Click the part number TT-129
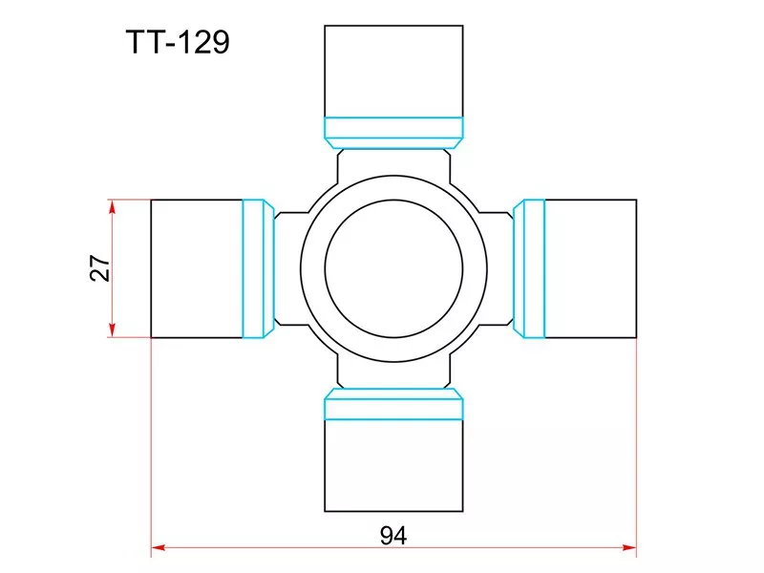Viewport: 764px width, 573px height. [x=178, y=42]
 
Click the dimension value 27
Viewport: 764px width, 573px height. [x=100, y=267]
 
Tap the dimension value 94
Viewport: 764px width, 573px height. [x=393, y=536]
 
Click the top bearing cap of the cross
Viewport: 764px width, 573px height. [x=393, y=71]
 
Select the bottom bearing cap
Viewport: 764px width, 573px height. [x=393, y=465]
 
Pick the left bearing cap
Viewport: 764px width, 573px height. [x=197, y=268]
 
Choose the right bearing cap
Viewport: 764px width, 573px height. [x=590, y=268]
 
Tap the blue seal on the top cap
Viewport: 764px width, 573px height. [x=393, y=133]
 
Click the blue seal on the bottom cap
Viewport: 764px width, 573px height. [x=393, y=404]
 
